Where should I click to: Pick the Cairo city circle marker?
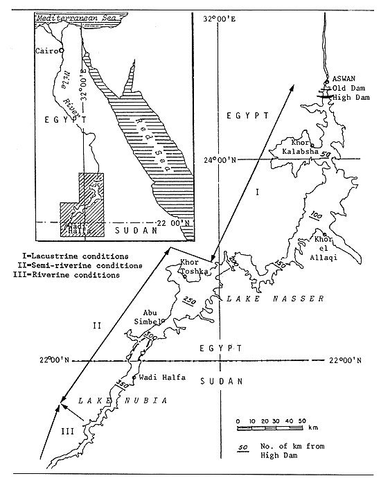[x=62, y=50]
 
